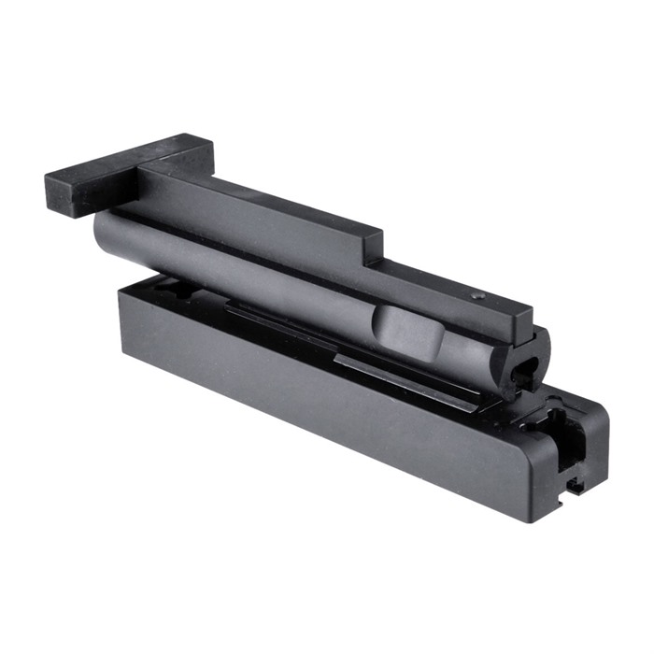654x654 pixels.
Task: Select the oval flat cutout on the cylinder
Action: (x=407, y=331)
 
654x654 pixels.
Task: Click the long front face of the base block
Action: (x=318, y=402)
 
